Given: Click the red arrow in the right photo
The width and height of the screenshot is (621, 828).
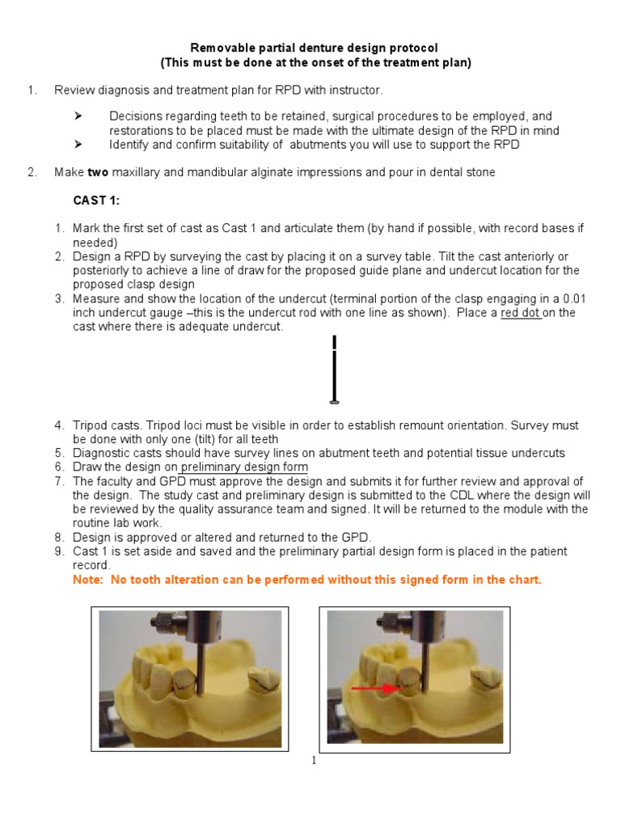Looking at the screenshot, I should point(375,689).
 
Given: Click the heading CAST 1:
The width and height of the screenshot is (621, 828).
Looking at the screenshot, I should point(96,201).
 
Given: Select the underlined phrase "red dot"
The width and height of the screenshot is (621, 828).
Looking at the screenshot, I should point(521,313).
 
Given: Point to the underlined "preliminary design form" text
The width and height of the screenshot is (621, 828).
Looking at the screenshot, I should point(244,467).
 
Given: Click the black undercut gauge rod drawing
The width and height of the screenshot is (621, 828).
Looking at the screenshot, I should point(335,369).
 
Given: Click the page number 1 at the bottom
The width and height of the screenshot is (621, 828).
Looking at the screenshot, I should point(313,760).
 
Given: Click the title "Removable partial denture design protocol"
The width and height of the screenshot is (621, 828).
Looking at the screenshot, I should point(313,49).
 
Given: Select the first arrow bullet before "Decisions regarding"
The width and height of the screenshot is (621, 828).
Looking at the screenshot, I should point(79,116).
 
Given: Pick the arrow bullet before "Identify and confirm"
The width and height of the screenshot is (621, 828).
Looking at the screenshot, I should point(79,145).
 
